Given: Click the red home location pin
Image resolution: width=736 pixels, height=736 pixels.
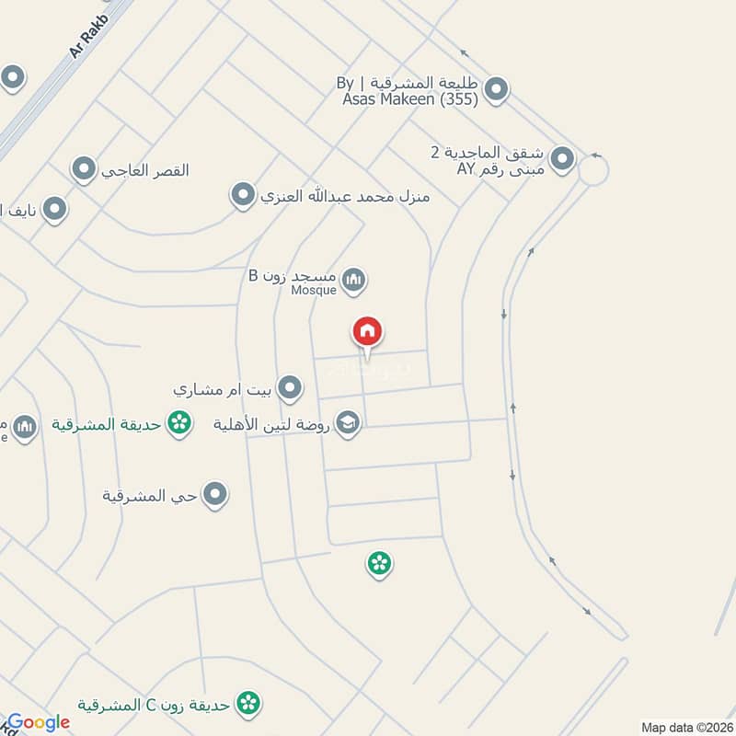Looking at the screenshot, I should click(367, 333).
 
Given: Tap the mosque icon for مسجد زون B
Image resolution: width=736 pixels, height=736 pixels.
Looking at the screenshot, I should click(353, 280).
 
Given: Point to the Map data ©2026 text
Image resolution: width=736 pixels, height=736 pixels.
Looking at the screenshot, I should click(685, 727).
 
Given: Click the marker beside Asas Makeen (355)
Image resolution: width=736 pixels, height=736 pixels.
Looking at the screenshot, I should click(496, 90).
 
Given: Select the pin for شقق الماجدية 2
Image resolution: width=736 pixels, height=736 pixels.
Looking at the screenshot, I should click(563, 161).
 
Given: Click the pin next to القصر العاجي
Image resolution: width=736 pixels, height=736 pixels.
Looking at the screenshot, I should click(85, 170).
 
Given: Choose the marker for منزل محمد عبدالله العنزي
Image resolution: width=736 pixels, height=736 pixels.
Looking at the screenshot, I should click(243, 195).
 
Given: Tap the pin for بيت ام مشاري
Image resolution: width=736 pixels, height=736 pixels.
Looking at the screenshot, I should click(291, 388).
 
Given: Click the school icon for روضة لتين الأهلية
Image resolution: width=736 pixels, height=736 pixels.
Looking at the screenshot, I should click(349, 423).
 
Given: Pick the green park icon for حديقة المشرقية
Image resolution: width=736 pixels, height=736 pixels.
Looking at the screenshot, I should click(180, 423).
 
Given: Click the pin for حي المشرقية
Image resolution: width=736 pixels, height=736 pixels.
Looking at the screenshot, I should click(215, 495).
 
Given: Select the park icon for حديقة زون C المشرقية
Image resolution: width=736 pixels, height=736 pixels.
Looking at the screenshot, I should click(247, 705).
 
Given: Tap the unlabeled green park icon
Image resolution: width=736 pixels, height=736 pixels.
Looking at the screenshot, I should click(379, 563).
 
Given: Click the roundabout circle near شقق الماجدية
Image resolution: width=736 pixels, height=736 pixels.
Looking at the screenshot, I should click(592, 170).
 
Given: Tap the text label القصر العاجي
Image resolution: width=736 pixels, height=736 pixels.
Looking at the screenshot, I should click(145, 171).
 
